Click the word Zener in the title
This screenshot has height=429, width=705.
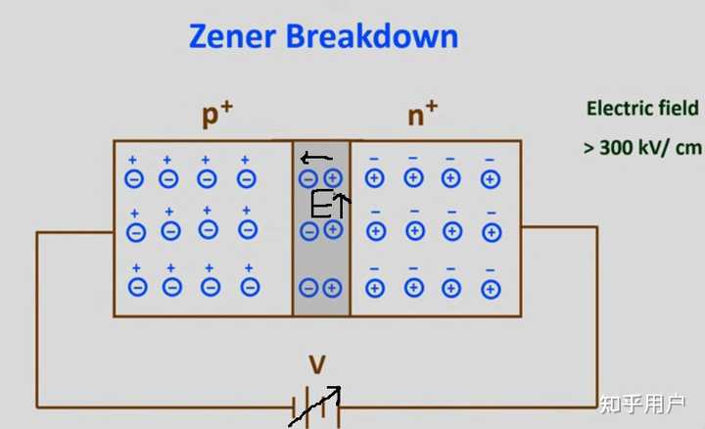click(x=232, y=36)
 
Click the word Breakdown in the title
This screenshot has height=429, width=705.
click(x=372, y=35)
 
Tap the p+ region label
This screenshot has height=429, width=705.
click(x=217, y=115)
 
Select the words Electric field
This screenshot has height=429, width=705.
click(x=642, y=109)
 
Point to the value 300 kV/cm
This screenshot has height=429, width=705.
click(x=650, y=148)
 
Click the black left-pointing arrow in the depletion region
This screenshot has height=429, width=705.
click(x=316, y=158)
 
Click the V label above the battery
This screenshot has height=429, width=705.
click(x=317, y=364)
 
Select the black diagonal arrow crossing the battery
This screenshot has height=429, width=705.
click(x=314, y=406)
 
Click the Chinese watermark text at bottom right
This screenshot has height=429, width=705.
click(x=642, y=404)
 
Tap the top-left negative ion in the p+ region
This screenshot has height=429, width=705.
click(x=134, y=179)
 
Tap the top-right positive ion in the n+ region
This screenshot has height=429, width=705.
click(x=491, y=179)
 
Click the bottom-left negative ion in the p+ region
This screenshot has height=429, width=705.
click(x=138, y=287)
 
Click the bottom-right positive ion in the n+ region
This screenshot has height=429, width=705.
click(x=491, y=289)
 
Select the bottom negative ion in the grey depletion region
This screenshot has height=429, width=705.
click(x=308, y=288)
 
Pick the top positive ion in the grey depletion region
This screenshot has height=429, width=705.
click(x=333, y=178)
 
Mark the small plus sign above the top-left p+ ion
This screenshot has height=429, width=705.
click(x=132, y=160)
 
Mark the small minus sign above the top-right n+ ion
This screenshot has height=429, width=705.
click(x=490, y=160)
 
